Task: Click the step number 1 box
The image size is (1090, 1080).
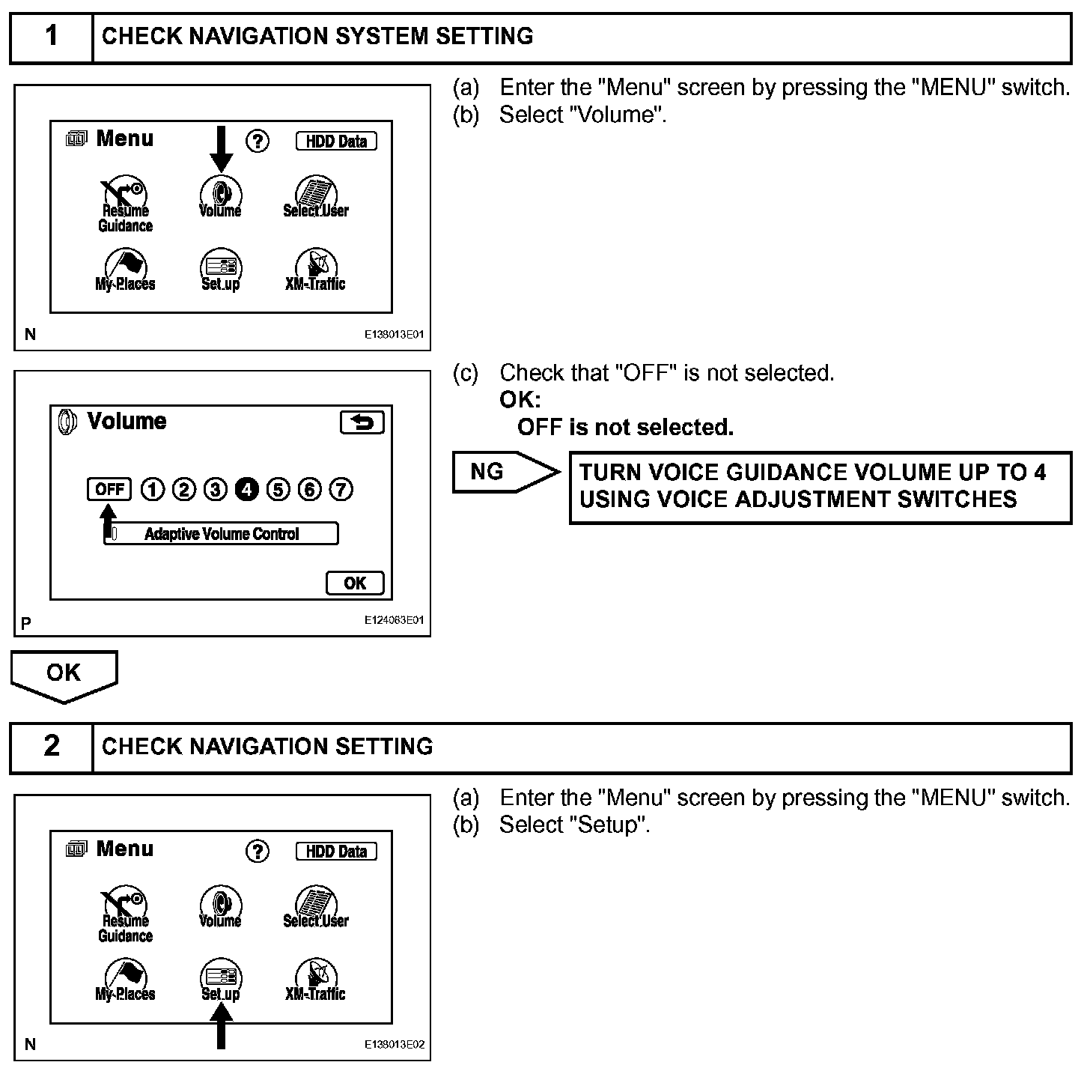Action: click(x=51, y=36)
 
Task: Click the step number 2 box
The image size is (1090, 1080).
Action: click(x=51, y=746)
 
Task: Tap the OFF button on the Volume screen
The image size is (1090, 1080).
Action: click(x=109, y=490)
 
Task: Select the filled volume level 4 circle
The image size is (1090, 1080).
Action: click(x=246, y=490)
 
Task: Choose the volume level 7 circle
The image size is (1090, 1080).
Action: click(x=341, y=490)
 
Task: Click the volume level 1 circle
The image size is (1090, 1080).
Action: click(x=152, y=490)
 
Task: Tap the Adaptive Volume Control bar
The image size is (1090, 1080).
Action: click(x=222, y=534)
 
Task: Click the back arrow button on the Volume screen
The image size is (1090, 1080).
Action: click(x=362, y=422)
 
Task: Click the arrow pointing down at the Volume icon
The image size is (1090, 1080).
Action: click(x=221, y=148)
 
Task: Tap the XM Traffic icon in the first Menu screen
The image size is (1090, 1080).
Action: click(x=315, y=270)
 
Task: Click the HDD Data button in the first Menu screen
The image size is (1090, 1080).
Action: click(x=336, y=141)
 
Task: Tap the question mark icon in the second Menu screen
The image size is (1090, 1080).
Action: click(x=258, y=851)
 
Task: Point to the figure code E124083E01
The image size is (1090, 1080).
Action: click(x=394, y=620)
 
